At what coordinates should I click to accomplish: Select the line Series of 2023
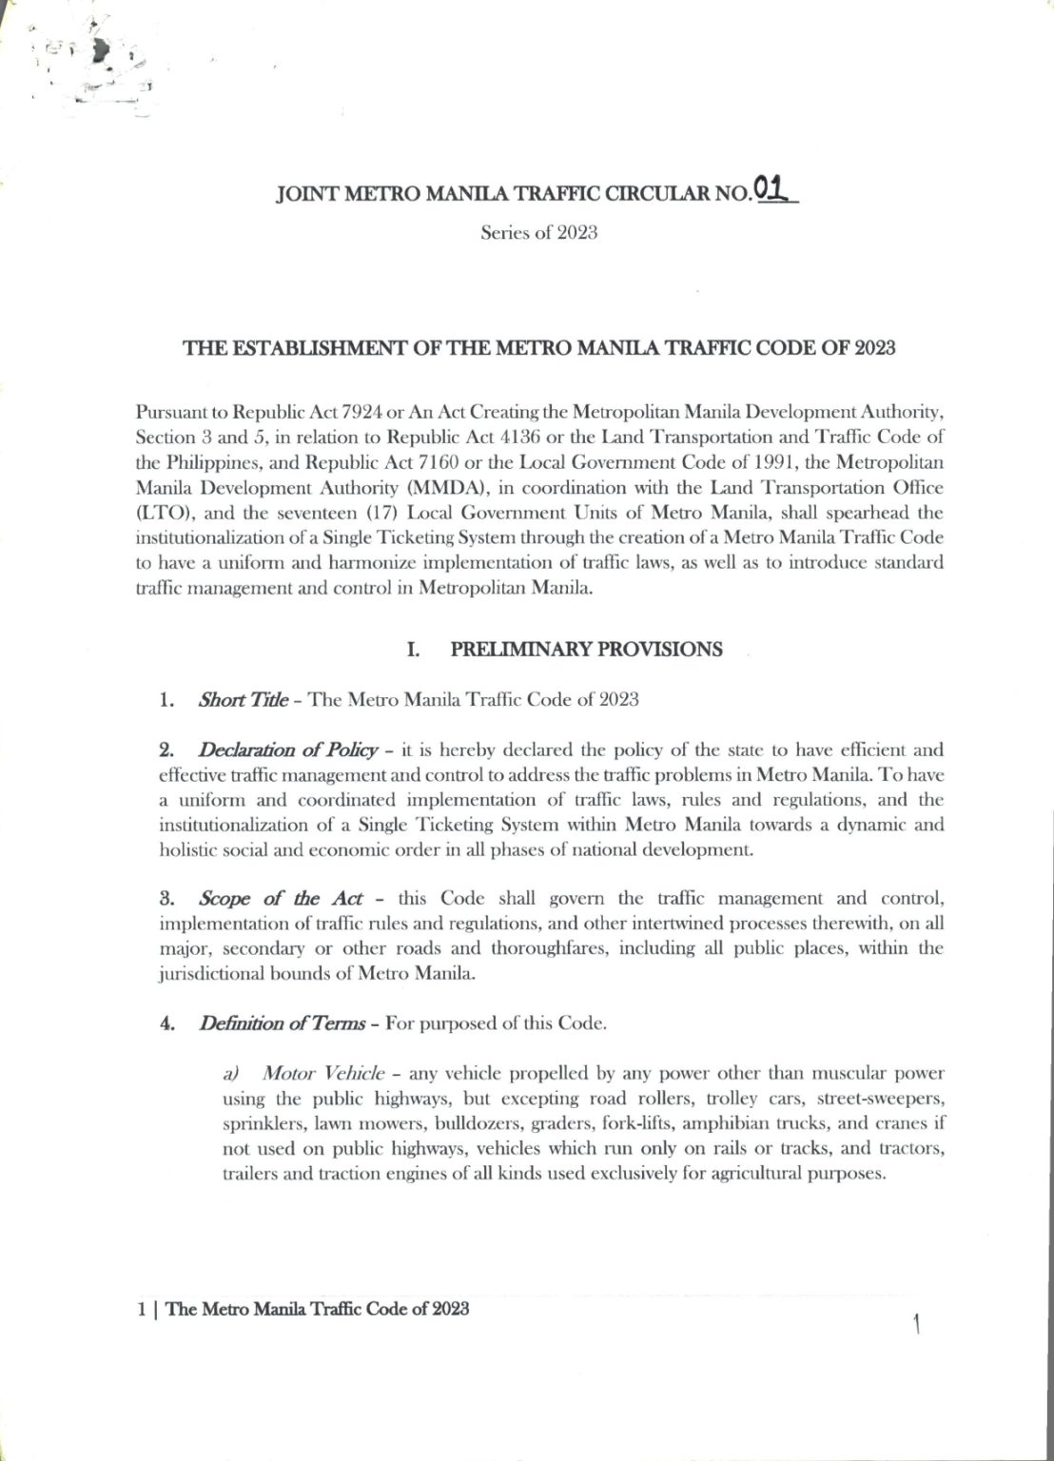tap(538, 234)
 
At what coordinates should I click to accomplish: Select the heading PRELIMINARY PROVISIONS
tap(585, 650)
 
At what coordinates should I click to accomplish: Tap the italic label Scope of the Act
tap(281, 899)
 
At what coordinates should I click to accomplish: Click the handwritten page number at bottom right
tap(915, 1324)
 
